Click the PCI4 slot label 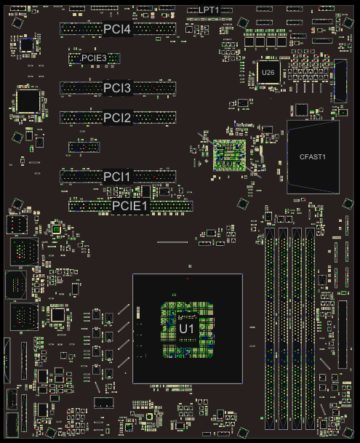[117, 29]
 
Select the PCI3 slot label [117, 88]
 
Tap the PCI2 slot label [117, 118]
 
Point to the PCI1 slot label [117, 177]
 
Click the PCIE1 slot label [130, 206]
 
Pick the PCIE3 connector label [94, 58]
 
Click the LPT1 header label [209, 10]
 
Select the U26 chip [268, 72]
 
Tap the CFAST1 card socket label [313, 157]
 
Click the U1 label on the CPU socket [187, 329]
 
